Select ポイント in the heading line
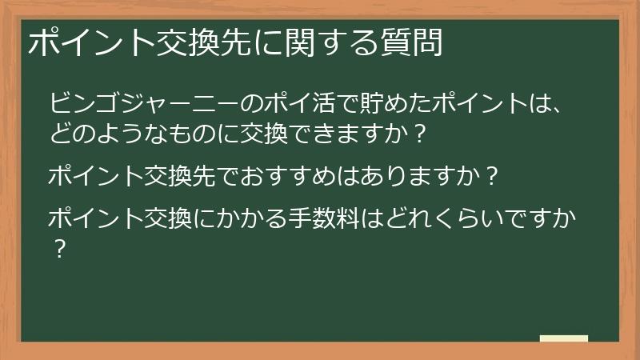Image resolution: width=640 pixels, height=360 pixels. (x=78, y=42)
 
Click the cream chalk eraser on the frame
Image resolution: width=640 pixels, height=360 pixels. (x=563, y=339)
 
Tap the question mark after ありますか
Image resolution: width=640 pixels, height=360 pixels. (x=494, y=174)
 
